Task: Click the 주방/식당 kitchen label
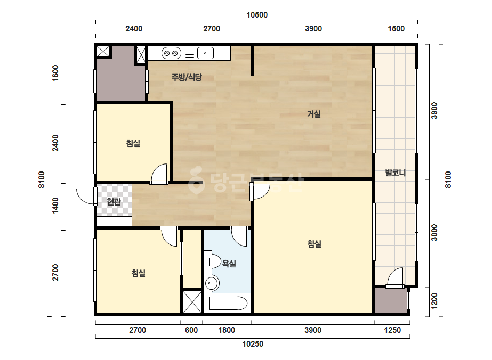point(187,77)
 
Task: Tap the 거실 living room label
point(314,114)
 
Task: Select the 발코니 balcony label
point(396,173)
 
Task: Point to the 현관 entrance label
point(114,202)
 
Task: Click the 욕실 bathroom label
point(229,264)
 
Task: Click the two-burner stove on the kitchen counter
point(171,53)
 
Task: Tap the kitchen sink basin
point(205,53)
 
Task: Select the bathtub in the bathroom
point(228,303)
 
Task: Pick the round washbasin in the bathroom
point(212,284)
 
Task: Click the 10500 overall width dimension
point(257,15)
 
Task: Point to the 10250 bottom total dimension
point(253,344)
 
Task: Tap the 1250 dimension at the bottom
point(392,330)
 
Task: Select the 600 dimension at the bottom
point(191,330)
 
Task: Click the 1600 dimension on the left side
point(55,73)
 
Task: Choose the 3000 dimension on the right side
point(434,232)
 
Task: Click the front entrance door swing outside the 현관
point(86,197)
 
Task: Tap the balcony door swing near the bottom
point(395,277)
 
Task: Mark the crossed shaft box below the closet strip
point(192,301)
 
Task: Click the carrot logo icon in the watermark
point(196,179)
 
